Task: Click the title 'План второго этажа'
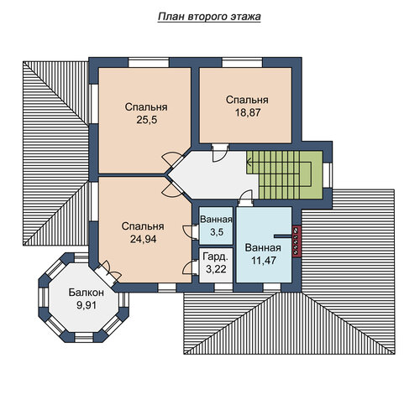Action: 209,17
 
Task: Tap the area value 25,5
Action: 147,120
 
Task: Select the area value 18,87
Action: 248,112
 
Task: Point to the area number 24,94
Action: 143,239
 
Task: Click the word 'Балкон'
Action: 87,293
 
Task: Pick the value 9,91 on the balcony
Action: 87,305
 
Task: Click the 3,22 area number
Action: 216,269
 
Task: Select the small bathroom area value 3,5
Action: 217,232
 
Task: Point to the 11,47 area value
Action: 264,260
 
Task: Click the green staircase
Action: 285,175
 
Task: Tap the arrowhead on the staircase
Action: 249,161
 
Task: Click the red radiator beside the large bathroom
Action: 297,241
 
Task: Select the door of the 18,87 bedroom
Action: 220,153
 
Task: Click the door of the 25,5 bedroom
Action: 172,161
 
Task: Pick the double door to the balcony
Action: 108,272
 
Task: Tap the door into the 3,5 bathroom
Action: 191,231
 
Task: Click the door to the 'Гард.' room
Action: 191,267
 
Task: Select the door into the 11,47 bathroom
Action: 246,198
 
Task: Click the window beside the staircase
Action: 327,175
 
